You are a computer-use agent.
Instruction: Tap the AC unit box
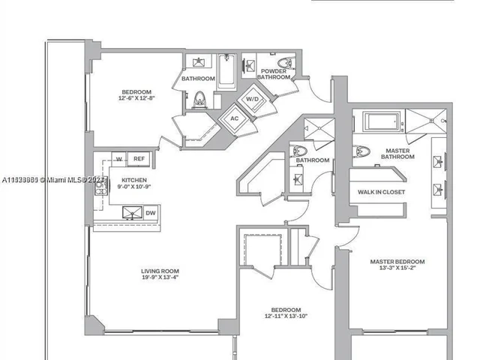point(233,118)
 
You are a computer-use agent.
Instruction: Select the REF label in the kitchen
point(138,158)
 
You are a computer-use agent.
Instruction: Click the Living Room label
point(160,271)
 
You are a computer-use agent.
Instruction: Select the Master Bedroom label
point(397,262)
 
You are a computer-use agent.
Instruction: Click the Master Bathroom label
point(397,153)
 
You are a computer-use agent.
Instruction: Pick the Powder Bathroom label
point(274,73)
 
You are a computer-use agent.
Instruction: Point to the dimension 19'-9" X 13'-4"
point(160,278)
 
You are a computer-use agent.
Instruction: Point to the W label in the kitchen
point(118,158)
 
